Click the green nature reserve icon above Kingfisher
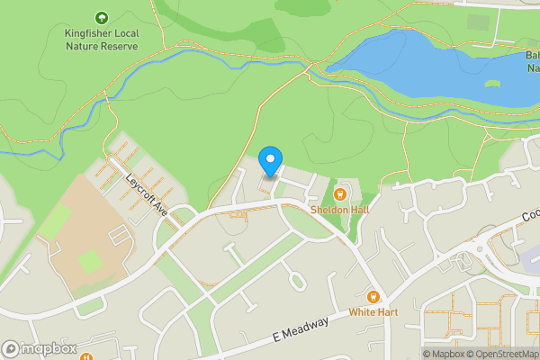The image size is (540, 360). tap(101, 18)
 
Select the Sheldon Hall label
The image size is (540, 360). tap(340, 209)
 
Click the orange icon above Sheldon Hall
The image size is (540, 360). tap(340, 193)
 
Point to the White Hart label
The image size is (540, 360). tap(373, 312)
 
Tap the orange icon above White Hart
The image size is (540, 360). tap(373, 297)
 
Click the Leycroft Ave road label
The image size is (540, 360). tap(148, 193)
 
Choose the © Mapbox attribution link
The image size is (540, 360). tap(443, 354)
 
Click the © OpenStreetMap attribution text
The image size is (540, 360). tap(502, 354)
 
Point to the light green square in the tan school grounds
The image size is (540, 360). tap(90, 262)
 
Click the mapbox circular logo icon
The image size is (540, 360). tap(12, 349)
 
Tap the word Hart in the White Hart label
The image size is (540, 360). tap(387, 312)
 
